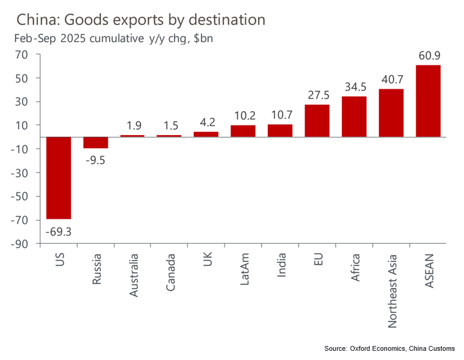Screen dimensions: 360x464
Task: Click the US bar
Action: tap(59, 178)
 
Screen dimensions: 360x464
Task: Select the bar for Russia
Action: tap(95, 142)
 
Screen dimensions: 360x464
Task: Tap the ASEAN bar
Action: tap(428, 101)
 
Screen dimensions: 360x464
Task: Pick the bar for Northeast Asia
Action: tap(391, 113)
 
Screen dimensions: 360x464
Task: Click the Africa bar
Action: tap(354, 117)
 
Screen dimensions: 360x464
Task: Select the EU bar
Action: tap(317, 121)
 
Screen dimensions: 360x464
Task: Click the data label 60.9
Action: tap(428, 56)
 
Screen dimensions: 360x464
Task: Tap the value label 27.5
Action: tap(317, 95)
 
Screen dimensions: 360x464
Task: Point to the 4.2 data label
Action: tap(206, 122)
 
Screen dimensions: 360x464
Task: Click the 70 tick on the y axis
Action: tap(23, 54)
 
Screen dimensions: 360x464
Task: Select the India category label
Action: tap(281, 266)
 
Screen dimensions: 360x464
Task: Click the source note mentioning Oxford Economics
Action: tap(389, 348)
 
